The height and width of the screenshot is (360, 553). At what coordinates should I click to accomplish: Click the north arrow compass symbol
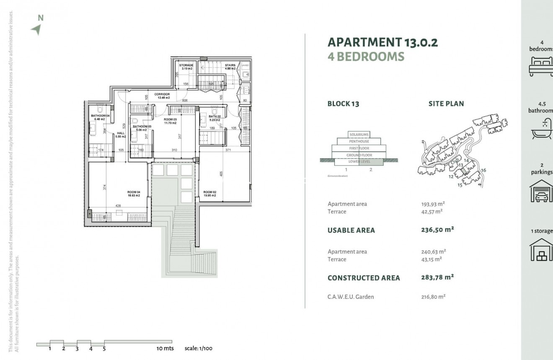tap(36, 29)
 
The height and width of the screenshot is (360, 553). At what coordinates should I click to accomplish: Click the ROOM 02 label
tap(209, 194)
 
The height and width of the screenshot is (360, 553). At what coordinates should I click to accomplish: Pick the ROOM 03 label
tap(170, 121)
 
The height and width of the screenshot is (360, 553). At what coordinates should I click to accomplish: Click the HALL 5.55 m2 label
tap(121, 135)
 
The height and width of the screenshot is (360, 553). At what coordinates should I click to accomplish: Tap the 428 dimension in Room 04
tap(118, 206)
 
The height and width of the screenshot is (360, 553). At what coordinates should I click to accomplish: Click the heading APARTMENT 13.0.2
tap(382, 42)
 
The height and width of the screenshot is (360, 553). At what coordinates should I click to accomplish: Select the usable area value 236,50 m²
tap(437, 230)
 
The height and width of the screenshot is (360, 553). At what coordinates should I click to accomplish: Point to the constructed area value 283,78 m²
tap(437, 277)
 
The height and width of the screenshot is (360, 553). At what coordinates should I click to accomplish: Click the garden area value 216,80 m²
tap(433, 297)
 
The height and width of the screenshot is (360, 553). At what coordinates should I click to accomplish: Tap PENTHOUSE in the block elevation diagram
tap(359, 142)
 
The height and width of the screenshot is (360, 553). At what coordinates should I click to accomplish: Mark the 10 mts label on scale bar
tap(165, 348)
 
